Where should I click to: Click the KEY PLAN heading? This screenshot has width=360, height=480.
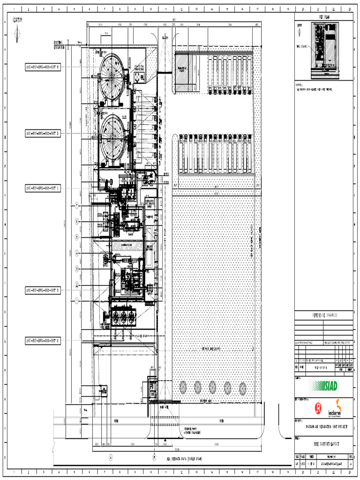pos(327,17)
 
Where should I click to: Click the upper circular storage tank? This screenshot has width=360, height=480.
pos(112,76)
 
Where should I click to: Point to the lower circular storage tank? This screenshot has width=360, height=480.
pos(112,138)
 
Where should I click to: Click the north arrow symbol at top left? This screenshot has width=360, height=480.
pos(17,33)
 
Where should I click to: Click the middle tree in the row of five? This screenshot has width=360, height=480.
pos(212,387)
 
